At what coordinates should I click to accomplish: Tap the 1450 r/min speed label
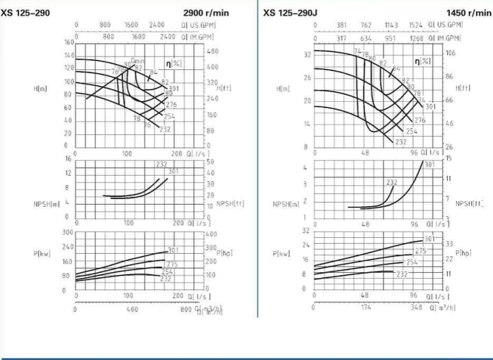(x=467, y=13)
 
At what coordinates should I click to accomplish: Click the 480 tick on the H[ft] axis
(x=212, y=51)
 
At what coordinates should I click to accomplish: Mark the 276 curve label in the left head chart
(x=170, y=105)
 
